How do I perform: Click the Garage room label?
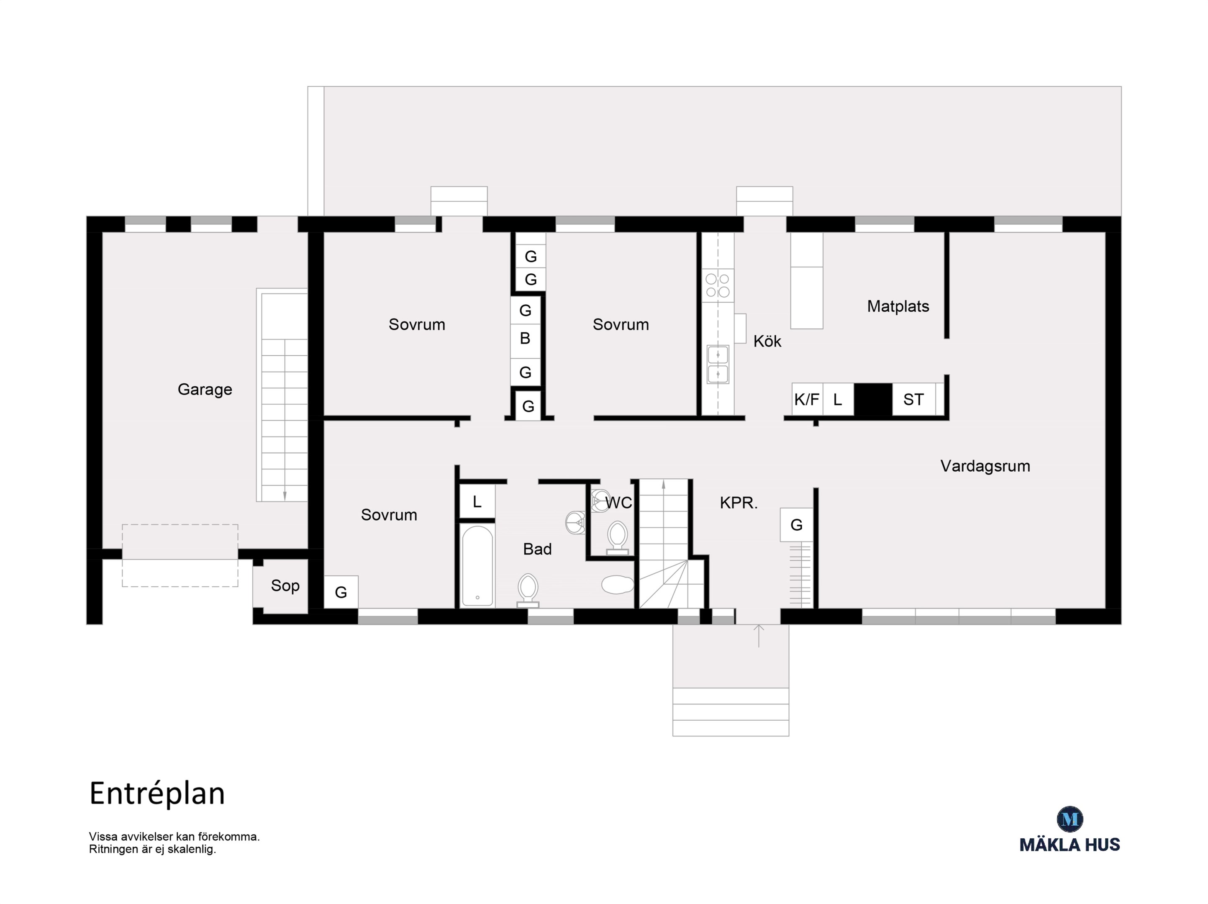pos(205,390)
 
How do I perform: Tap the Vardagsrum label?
pos(985,466)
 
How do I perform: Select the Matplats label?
pos(898,306)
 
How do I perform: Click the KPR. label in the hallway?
pos(739,503)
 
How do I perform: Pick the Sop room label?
pos(285,586)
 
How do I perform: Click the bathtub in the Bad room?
pos(477,565)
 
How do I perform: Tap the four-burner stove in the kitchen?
pos(718,285)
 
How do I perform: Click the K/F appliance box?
pos(807,399)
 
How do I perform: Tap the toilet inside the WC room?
pos(618,537)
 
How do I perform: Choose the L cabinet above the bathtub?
pos(477,501)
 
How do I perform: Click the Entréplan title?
pos(157,794)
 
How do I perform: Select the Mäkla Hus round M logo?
pos(1070,819)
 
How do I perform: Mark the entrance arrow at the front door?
pos(759,635)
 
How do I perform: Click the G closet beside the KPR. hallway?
pos(796,525)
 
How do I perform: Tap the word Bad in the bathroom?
pos(537,549)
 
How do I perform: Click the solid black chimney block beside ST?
pos(873,401)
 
